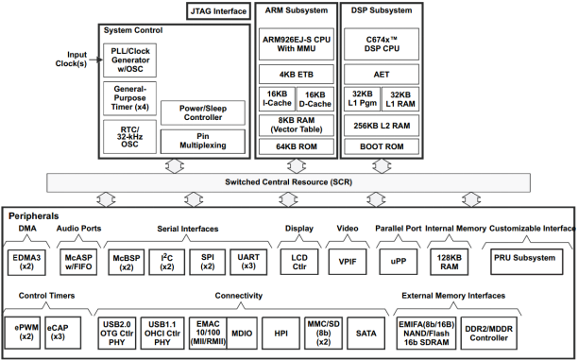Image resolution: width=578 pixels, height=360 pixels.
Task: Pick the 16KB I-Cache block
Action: tap(278, 98)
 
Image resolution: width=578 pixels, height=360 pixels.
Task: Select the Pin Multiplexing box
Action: tap(202, 142)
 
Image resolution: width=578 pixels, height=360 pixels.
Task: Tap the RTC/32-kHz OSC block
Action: tap(129, 136)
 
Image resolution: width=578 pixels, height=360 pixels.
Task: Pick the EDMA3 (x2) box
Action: tap(28, 260)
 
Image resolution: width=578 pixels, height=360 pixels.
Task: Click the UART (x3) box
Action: tap(249, 260)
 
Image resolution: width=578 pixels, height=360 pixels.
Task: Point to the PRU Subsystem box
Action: tap(524, 258)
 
